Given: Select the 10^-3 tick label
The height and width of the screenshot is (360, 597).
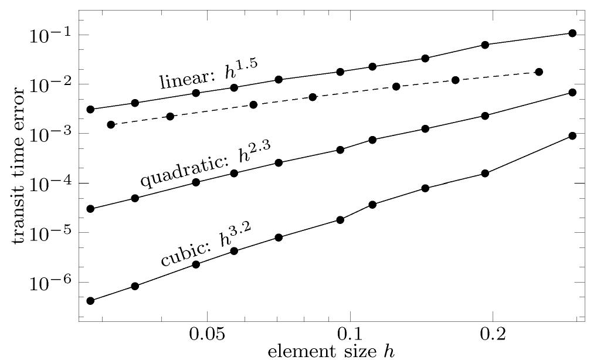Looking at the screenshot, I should tap(49, 134).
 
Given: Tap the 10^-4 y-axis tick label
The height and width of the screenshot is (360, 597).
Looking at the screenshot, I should tap(49, 184).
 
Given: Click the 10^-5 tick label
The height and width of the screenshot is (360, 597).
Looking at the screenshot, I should tap(49, 233).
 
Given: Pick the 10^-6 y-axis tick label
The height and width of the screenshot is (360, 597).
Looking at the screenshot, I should tap(49, 283).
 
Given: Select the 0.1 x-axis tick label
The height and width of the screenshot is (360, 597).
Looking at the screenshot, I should tap(350, 337).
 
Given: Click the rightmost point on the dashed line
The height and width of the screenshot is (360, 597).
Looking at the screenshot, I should tap(539, 72).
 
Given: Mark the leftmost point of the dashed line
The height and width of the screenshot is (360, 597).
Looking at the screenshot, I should tap(111, 124).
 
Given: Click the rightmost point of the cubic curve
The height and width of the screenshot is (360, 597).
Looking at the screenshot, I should tap(572, 135).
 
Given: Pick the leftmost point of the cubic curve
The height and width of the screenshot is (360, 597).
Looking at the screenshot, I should tap(90, 301).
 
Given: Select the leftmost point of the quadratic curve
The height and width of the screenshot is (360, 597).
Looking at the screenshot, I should tap(90, 209).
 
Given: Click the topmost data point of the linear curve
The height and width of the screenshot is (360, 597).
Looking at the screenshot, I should tap(572, 33).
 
